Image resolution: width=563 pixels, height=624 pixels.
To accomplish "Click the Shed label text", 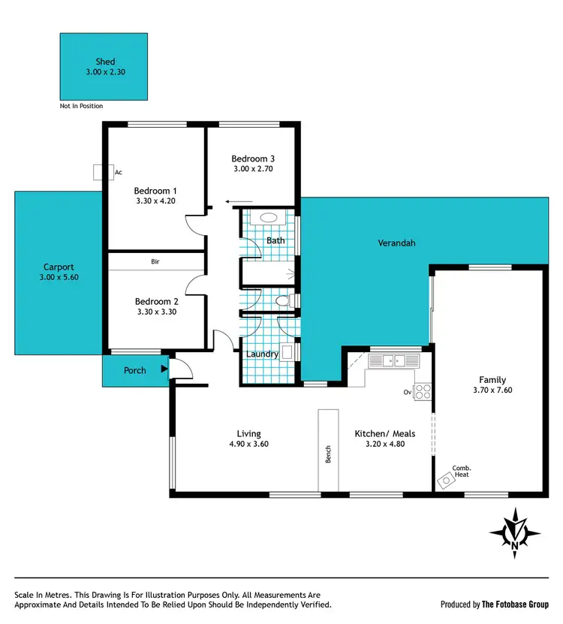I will coord(104,61).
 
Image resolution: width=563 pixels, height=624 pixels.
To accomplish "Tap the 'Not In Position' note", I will coord(81,107).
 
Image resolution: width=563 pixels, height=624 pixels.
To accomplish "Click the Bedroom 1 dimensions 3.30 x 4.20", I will coord(155,201).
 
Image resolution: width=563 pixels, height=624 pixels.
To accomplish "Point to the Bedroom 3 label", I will coord(253,158).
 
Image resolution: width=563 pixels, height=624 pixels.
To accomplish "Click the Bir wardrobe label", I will coord(155,261).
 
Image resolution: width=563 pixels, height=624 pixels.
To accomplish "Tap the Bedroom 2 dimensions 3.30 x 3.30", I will coord(156,312).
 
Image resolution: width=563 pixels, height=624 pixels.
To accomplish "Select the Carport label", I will coord(59,267).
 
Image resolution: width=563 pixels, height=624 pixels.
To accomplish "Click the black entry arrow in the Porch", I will coord(163,369).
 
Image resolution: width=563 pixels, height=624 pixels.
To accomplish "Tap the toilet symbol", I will coord(283,302).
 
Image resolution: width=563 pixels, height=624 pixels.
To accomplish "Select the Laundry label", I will coord(262,354).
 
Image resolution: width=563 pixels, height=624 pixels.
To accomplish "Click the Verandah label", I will coord(396,243).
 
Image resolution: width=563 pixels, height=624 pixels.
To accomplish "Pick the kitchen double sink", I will coord(393,361).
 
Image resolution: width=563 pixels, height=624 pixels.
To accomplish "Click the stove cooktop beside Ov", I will coord(423,390).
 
